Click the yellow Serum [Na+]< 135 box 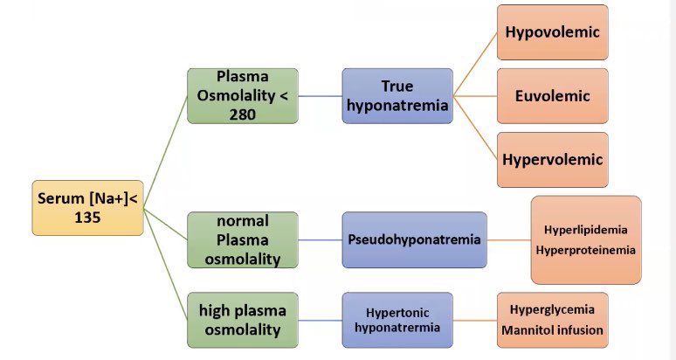click(x=87, y=208)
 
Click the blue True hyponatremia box click(x=397, y=95)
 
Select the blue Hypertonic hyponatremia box click(x=397, y=320)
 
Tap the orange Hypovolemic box click(x=552, y=33)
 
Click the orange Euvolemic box click(x=552, y=96)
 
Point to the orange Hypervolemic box click(x=552, y=159)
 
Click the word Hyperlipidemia click(x=586, y=230)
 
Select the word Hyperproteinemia click(x=586, y=250)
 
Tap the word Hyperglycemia click(x=552, y=309)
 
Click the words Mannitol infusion click(x=552, y=331)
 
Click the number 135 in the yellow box click(x=87, y=218)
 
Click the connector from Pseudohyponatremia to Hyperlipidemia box click(x=508, y=239)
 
